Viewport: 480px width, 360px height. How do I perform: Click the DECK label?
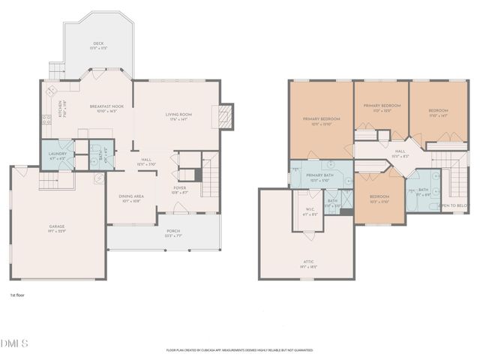(x=98, y=43)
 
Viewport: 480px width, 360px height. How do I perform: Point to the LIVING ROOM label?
(x=178, y=115)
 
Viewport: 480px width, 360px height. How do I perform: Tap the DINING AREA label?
(x=130, y=198)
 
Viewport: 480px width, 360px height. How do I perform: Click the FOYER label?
(x=180, y=189)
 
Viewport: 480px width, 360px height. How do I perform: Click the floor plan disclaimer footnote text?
(x=239, y=349)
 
